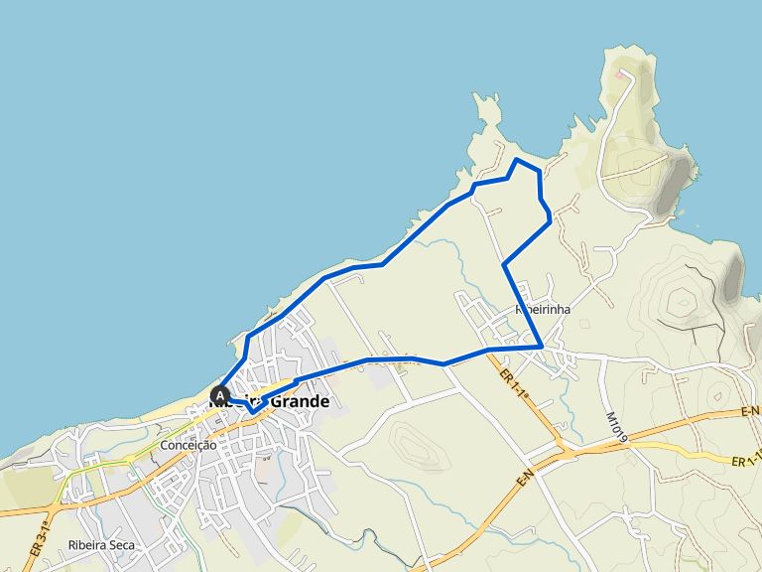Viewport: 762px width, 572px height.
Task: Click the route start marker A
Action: (219, 394)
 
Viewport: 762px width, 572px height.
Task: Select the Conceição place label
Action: (189, 446)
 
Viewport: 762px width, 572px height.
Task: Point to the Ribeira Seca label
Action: (101, 545)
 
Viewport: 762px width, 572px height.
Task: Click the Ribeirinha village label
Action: (543, 309)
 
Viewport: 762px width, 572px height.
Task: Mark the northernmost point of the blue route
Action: (516, 160)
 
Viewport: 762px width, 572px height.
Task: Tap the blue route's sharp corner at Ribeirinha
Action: (541, 347)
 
